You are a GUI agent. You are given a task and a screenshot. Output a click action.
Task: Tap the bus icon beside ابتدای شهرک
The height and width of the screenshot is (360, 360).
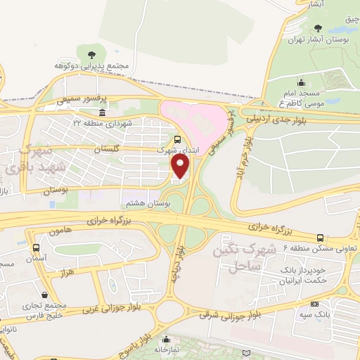178,139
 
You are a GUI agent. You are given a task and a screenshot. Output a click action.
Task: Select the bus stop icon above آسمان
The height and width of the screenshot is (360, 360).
36,247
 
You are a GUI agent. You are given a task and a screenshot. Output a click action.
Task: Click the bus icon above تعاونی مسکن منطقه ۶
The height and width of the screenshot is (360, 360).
321,238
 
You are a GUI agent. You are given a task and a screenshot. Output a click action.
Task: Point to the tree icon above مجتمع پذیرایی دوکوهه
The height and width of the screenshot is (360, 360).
89,54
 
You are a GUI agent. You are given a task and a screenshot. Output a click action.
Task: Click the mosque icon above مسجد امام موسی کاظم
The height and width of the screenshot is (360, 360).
301,82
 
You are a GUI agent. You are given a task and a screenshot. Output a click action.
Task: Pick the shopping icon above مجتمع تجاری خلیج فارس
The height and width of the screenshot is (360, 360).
45,295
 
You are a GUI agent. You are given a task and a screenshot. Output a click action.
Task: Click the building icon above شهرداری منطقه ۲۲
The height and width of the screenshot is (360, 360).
103,112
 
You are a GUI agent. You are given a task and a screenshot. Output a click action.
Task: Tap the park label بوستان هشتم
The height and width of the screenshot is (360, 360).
142,203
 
